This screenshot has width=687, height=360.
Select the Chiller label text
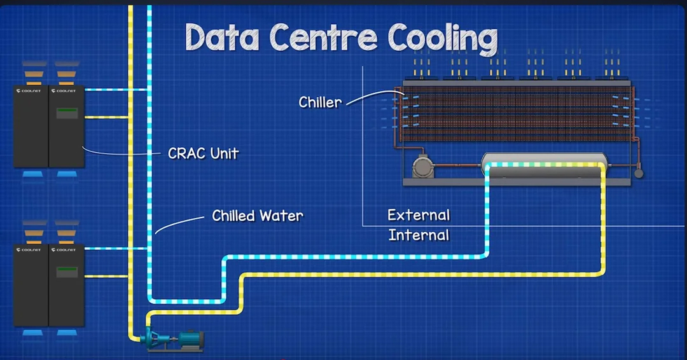point(320,102)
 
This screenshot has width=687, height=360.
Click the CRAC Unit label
point(203,153)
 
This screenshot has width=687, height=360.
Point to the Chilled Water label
point(258,216)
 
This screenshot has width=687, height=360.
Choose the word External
point(419,215)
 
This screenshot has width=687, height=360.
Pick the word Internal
point(419,235)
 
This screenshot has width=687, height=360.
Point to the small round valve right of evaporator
point(639,172)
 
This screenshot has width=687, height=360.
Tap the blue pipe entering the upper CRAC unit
point(114,90)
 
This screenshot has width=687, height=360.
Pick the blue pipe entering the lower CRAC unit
point(114,249)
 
